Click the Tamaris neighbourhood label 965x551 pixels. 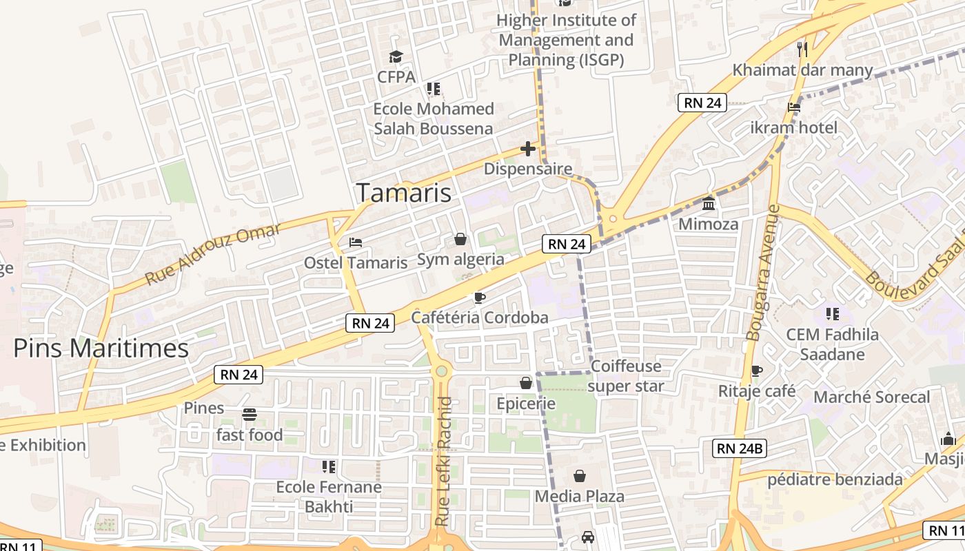click(404, 193)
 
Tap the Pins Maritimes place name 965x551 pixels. click(101, 349)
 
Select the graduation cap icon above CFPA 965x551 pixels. click(396, 56)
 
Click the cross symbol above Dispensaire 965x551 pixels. click(528, 148)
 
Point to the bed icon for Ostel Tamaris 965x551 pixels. click(356, 242)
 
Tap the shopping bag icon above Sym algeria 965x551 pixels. click(460, 239)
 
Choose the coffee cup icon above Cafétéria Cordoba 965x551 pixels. click(480, 298)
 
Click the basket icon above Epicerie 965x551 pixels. click(526, 382)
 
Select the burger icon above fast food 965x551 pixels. click(250, 415)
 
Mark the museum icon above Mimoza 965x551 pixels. click(708, 204)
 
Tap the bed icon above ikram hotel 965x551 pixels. click(794, 107)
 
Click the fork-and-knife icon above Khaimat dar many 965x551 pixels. click(802, 49)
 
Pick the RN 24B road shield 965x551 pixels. click(739, 449)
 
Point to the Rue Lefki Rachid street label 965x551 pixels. click(445, 461)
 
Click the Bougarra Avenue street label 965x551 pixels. click(763, 272)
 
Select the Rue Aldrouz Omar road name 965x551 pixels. click(213, 254)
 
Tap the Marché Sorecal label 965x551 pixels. click(871, 397)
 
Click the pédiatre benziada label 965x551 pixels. click(835, 479)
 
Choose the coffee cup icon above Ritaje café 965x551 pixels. click(757, 371)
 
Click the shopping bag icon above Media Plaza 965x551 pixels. click(580, 476)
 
